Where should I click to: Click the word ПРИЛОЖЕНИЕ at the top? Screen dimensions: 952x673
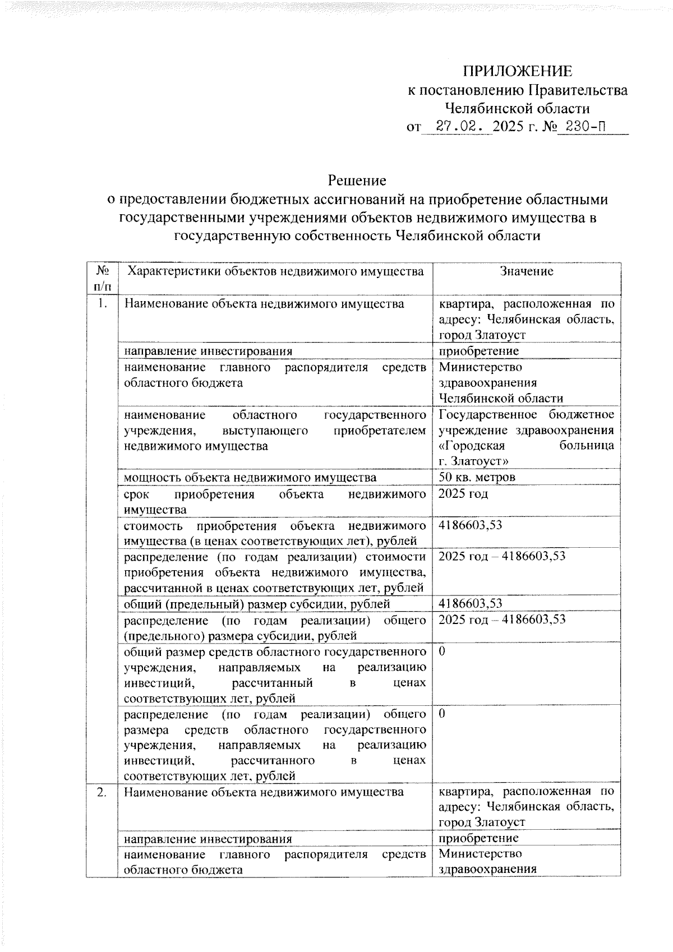coord(517,71)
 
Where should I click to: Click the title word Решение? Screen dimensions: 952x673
coord(357,181)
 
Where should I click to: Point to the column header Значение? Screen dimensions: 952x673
coord(526,271)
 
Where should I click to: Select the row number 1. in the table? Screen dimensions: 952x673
coord(102,303)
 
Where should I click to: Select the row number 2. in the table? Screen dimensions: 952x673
coord(102,792)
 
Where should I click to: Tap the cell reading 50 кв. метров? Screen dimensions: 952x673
coord(477,477)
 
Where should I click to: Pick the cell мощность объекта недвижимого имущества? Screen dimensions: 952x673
coord(250,477)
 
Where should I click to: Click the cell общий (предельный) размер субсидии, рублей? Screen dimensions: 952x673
coord(256,604)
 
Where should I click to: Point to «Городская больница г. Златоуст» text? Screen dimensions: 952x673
coord(526,454)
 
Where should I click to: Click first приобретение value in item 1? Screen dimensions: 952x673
coord(478,351)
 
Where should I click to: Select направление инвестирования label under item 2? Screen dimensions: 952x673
coord(208,839)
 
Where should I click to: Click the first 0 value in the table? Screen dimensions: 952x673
coord(442,651)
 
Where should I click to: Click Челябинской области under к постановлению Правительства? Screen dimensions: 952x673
coord(517,108)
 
